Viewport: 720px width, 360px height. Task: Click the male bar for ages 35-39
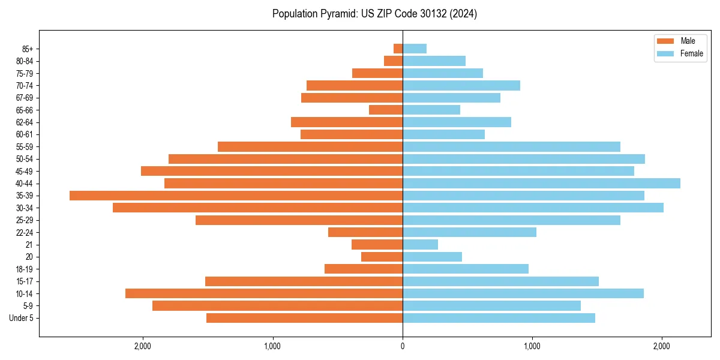[x=236, y=196]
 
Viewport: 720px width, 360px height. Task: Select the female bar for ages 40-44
[x=541, y=183]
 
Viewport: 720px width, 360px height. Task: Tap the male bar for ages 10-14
[x=264, y=293]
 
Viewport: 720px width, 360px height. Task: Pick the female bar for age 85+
[x=415, y=49]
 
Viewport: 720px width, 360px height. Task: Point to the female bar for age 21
[x=420, y=244]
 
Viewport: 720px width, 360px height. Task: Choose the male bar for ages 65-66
[x=386, y=110]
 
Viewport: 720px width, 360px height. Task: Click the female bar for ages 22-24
[x=469, y=232]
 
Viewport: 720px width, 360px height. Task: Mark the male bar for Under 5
[x=304, y=318]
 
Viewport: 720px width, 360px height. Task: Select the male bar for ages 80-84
[x=393, y=61]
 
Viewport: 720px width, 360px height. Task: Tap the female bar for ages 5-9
[x=491, y=305]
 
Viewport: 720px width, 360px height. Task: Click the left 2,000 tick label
[x=142, y=347]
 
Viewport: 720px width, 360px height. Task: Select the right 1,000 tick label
[x=532, y=347]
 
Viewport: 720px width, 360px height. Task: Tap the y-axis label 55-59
[x=25, y=146]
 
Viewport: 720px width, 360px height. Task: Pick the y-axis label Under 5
[x=21, y=318]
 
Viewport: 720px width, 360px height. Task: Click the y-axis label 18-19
[x=25, y=269]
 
